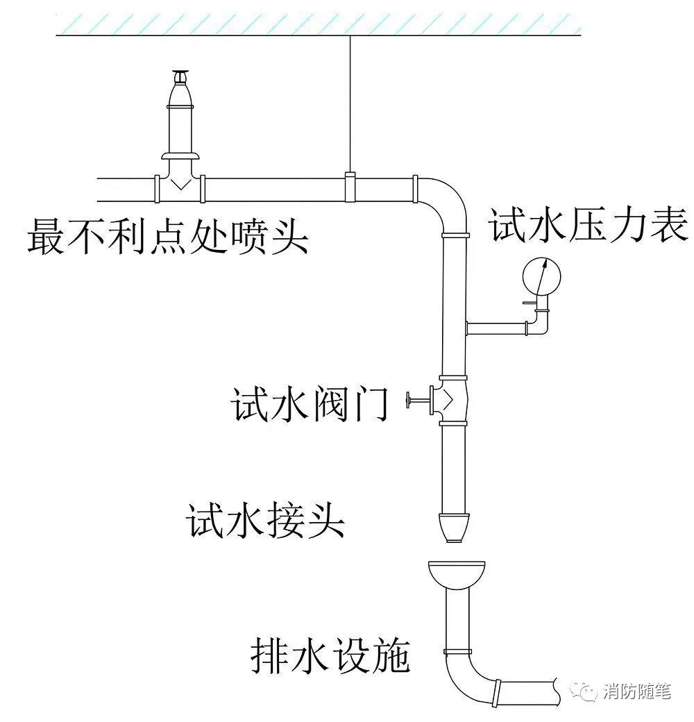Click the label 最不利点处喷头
pyautogui.click(x=167, y=237)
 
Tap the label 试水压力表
pyautogui.click(x=589, y=225)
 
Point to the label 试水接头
pyautogui.click(x=266, y=520)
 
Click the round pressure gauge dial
pyautogui.click(x=541, y=276)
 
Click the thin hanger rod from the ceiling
pyautogui.click(x=350, y=104)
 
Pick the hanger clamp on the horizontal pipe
pyautogui.click(x=350, y=187)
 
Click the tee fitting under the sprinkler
pyautogui.click(x=180, y=184)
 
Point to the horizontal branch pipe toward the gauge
pyautogui.click(x=497, y=326)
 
